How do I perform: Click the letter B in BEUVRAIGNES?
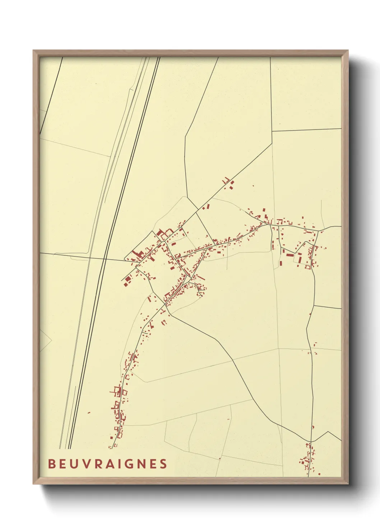tap(51, 464)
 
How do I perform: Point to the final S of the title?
tap(164, 464)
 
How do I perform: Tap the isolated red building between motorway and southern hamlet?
tap(89, 413)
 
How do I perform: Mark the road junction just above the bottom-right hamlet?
tap(311, 441)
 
